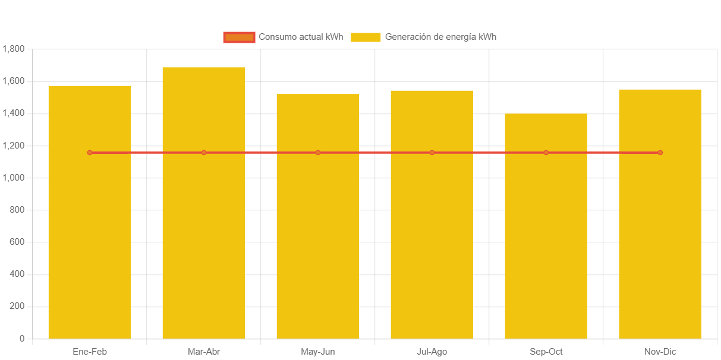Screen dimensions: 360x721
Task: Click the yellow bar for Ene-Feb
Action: coord(90,238)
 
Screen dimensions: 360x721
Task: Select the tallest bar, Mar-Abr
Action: coord(204,238)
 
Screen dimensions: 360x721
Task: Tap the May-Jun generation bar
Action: coord(318,238)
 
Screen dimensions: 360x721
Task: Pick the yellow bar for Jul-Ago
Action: coord(432,238)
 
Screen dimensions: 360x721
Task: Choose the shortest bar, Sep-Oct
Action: coord(546,238)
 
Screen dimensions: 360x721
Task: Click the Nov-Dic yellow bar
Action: coord(660,238)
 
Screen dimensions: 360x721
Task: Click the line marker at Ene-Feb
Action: coord(90,153)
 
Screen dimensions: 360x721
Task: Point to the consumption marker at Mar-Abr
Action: coord(204,153)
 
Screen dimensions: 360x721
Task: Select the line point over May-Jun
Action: coord(318,153)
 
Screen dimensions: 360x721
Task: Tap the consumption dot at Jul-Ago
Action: coord(432,153)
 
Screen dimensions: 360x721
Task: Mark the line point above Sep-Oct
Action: coord(546,153)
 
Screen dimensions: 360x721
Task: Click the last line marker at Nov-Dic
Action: coord(660,153)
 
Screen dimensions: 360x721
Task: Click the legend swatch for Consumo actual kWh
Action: coord(239,37)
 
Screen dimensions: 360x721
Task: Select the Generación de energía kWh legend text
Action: coord(440,37)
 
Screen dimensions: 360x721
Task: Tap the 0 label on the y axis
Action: coord(22,339)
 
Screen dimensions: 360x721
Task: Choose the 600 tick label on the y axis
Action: coord(17,242)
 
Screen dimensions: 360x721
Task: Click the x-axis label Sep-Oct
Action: coord(546,352)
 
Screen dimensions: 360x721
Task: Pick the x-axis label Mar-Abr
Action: coord(204,352)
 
